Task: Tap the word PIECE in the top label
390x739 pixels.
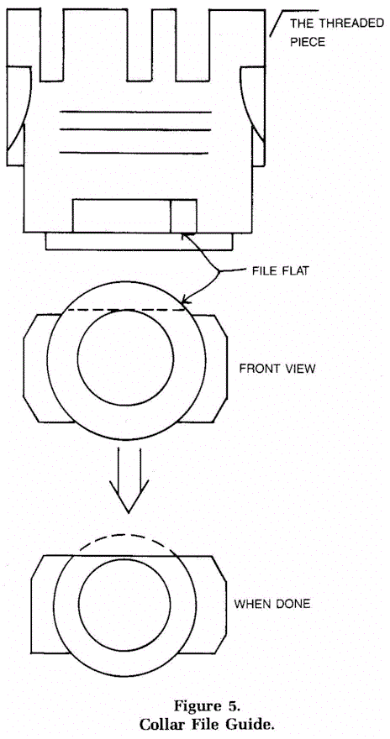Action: pyautogui.click(x=307, y=42)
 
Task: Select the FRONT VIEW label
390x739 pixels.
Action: pyautogui.click(x=277, y=368)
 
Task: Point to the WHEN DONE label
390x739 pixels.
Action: pyautogui.click(x=272, y=604)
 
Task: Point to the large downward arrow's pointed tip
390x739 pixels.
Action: pyautogui.click(x=129, y=511)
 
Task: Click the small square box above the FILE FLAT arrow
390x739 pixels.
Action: pyautogui.click(x=183, y=216)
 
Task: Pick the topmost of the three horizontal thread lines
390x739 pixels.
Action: pyautogui.click(x=135, y=113)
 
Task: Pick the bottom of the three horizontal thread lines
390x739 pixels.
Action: pyautogui.click(x=134, y=152)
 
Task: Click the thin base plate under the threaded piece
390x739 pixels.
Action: pyautogui.click(x=140, y=241)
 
